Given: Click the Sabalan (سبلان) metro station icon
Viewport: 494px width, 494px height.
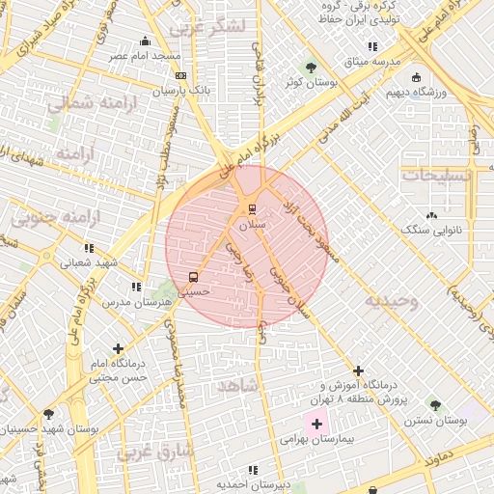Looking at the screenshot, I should (252, 208).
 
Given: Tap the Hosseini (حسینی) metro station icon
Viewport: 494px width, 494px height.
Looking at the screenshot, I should (194, 277).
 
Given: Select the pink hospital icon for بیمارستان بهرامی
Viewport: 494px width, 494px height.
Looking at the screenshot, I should (316, 424).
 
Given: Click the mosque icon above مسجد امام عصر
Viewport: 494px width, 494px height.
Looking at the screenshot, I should (145, 41).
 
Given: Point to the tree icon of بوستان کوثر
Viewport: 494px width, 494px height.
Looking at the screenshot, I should (311, 68).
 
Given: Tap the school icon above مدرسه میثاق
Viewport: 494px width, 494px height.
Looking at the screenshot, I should (372, 46).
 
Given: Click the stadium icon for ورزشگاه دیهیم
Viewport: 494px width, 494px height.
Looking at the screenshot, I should (416, 77).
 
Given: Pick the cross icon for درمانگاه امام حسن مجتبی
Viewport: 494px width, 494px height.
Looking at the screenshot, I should (118, 348).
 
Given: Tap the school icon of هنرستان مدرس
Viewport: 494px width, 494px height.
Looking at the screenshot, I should (136, 287).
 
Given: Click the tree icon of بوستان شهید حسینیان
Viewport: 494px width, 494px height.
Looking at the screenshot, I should (48, 414).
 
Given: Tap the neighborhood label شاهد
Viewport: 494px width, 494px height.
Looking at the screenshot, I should (238, 385).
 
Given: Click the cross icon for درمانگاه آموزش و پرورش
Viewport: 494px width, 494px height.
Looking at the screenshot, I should (358, 370).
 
